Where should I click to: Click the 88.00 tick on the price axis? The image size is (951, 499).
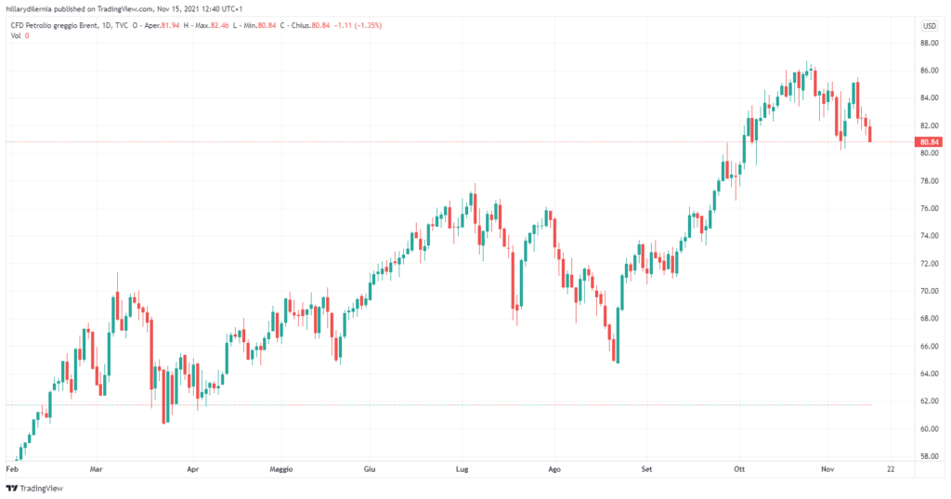pyautogui.click(x=928, y=43)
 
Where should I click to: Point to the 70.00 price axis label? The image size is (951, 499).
pyautogui.click(x=928, y=291)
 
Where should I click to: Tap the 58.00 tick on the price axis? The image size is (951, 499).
pyautogui.click(x=928, y=456)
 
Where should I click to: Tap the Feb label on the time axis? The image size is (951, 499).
pyautogui.click(x=12, y=471)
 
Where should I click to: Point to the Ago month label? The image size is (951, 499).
pyautogui.click(x=554, y=471)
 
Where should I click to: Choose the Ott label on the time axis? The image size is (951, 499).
pyautogui.click(x=739, y=471)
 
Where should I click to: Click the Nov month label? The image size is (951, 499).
pyautogui.click(x=829, y=471)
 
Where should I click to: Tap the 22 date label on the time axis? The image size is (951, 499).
pyautogui.click(x=890, y=471)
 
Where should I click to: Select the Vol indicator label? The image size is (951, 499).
pyautogui.click(x=16, y=35)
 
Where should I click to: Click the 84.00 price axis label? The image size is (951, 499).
pyautogui.click(x=928, y=98)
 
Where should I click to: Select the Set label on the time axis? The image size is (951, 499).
pyautogui.click(x=646, y=471)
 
